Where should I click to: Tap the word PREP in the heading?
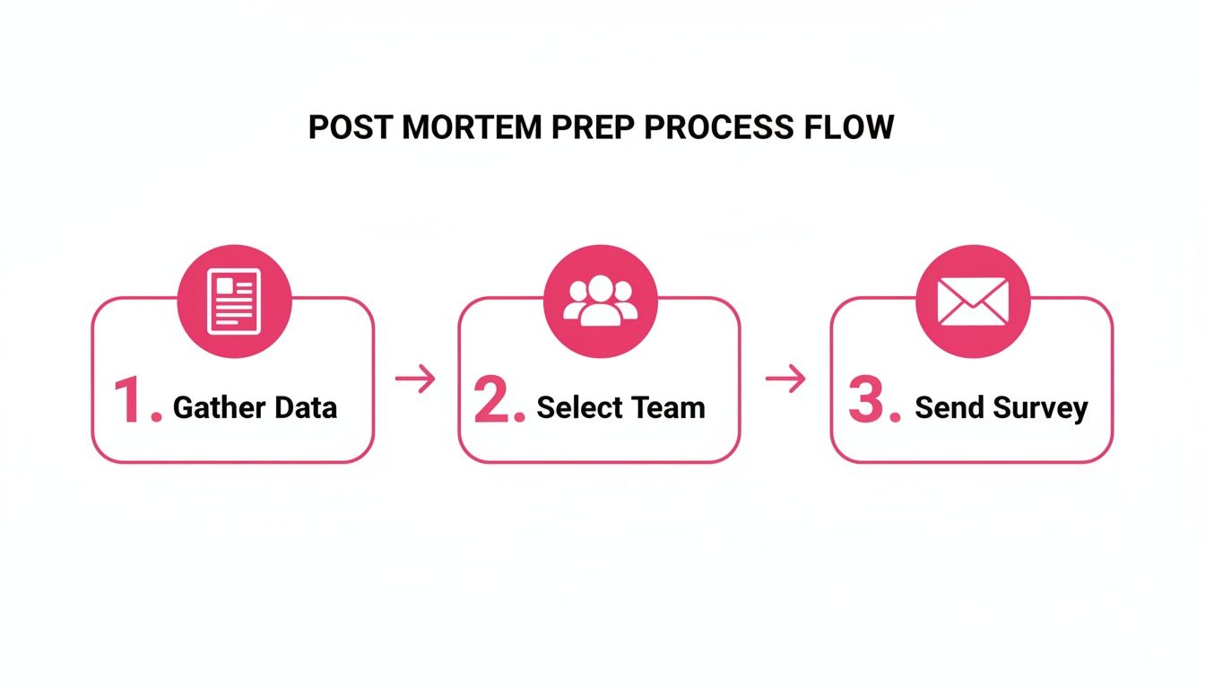tap(594, 127)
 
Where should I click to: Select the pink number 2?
tap(493, 401)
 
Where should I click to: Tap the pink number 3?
tap(867, 401)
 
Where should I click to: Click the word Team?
tap(667, 408)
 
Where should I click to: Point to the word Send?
tap(949, 408)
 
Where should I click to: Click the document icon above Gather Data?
tap(234, 301)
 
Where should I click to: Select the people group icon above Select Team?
tap(601, 301)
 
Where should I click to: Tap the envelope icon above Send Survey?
tap(973, 301)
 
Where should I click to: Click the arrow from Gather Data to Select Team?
tap(415, 379)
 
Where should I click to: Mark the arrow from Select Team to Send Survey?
tap(785, 379)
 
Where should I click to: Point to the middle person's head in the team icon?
tap(601, 288)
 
